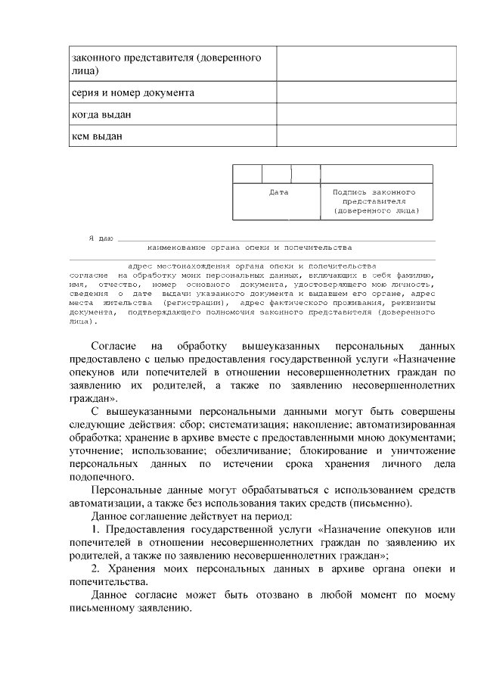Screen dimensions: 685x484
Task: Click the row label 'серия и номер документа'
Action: (x=132, y=93)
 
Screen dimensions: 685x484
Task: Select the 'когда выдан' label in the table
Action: (x=101, y=114)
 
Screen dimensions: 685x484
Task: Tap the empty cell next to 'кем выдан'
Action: (x=366, y=136)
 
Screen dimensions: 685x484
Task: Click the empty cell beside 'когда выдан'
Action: (x=366, y=114)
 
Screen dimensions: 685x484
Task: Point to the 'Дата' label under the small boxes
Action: (x=279, y=192)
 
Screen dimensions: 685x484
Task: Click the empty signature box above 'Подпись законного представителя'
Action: (x=376, y=173)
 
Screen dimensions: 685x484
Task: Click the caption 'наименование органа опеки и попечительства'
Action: (x=250, y=248)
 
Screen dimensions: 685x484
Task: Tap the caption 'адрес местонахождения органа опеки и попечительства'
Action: (x=252, y=266)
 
